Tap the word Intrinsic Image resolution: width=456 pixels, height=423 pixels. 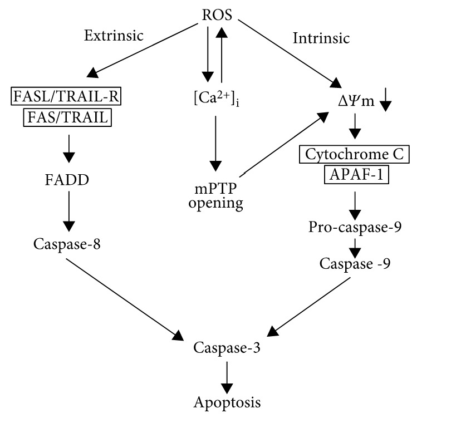point(321,38)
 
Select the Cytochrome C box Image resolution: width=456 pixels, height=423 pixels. point(355,154)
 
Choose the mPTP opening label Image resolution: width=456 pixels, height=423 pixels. point(215,195)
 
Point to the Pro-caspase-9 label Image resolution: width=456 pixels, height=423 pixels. point(355,228)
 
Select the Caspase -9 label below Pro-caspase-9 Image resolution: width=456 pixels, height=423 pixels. point(355,263)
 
